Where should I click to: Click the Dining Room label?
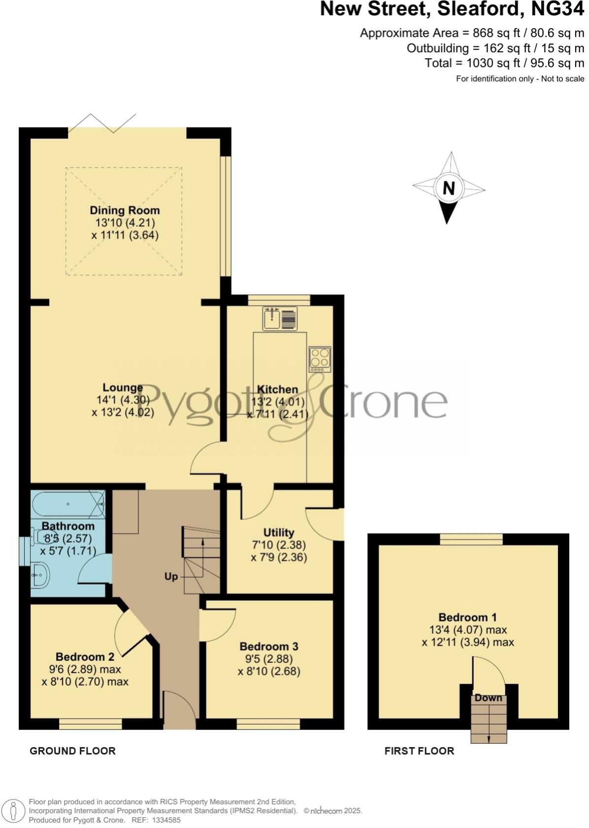click(125, 210)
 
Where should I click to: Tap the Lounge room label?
click(123, 388)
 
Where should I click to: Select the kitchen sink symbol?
click(280, 318)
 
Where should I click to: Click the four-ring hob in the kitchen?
click(320, 358)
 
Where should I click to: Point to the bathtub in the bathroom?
click(68, 504)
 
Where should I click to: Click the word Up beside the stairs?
click(171, 576)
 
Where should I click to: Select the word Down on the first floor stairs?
click(489, 698)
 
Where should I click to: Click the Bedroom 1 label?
click(467, 617)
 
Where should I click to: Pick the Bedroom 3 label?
click(269, 646)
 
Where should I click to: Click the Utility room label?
click(279, 532)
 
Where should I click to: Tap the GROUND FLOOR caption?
click(72, 751)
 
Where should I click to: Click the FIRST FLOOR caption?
click(419, 751)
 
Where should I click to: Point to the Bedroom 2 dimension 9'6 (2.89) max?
click(81, 669)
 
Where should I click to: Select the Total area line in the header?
click(504, 63)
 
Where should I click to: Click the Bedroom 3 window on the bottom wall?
click(268, 724)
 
